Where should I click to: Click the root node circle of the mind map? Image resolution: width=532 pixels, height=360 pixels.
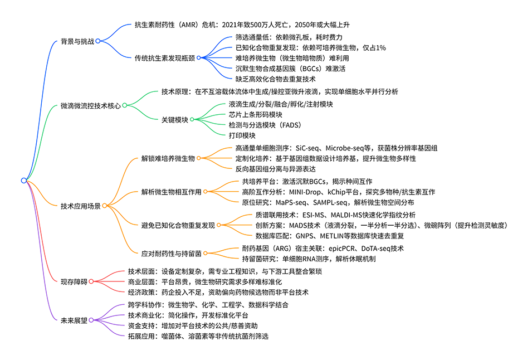pyautogui.click(x=23, y=180)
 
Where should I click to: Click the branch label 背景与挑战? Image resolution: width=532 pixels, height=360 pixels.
pyautogui.click(x=77, y=41)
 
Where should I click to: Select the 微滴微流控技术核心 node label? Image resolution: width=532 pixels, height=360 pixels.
pyautogui.click(x=90, y=105)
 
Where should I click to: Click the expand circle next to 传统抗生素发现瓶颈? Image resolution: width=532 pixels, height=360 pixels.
pyautogui.click(x=199, y=57)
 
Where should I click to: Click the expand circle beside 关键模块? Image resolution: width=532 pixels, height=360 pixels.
pyautogui.click(x=192, y=119)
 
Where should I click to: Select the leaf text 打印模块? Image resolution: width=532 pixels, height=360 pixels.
pyautogui.click(x=242, y=135)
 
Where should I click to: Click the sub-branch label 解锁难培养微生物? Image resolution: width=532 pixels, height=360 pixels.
pyautogui.click(x=168, y=159)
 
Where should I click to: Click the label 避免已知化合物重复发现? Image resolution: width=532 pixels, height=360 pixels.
pyautogui.click(x=178, y=225)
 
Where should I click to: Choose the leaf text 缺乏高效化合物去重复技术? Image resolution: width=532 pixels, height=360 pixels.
pyautogui.click(x=272, y=79)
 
